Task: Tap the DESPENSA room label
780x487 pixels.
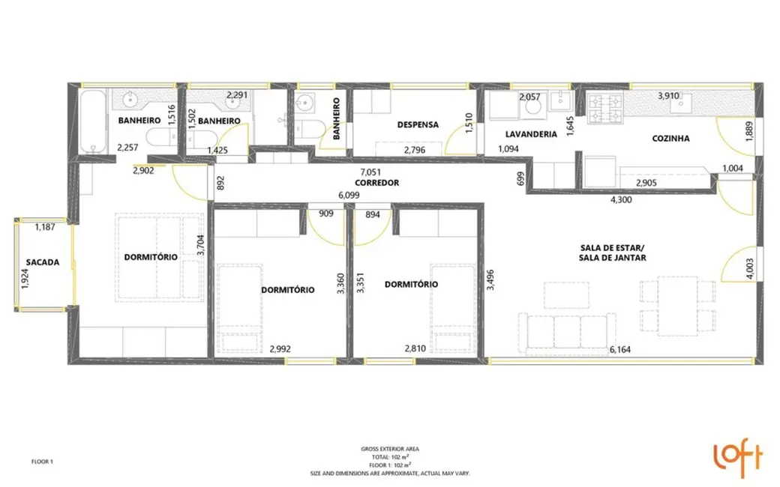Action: [418, 125]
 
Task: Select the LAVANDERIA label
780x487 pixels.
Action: [531, 134]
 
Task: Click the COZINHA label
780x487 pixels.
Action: [670, 138]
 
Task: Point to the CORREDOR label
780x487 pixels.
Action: [376, 183]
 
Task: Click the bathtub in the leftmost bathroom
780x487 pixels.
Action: [93, 121]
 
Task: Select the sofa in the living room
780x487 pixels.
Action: [567, 331]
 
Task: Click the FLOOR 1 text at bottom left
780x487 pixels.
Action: [42, 462]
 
